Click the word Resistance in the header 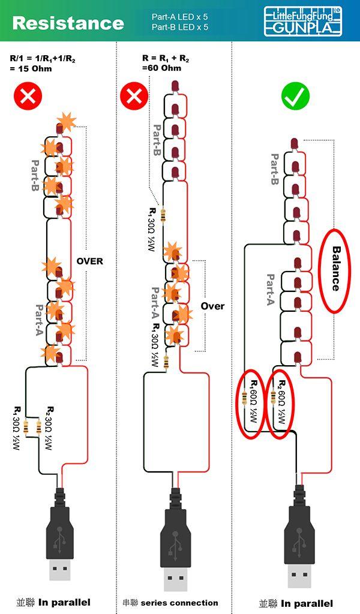click(68, 23)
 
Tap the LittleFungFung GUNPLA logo click(303, 22)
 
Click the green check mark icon click(295, 97)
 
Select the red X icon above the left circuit click(28, 96)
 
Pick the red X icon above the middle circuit click(134, 96)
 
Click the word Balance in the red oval click(335, 269)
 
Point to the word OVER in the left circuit click(90, 261)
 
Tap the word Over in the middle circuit click(213, 306)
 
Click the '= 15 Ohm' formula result click(31, 68)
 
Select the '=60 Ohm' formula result click(162, 68)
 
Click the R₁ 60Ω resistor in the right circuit click(245, 398)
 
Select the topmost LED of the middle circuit click(175, 86)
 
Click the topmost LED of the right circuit click(295, 143)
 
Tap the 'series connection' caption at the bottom click(179, 603)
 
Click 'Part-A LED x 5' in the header click(180, 17)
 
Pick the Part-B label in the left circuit click(35, 176)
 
